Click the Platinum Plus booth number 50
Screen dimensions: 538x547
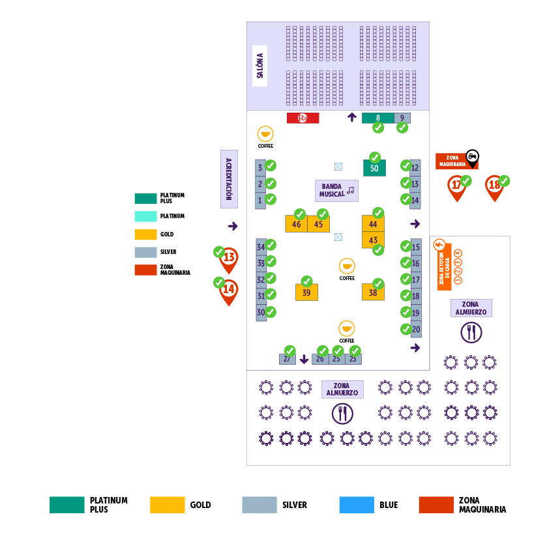(374, 168)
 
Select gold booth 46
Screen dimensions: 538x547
(297, 224)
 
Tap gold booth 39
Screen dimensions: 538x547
(306, 292)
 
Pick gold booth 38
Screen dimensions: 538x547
(373, 292)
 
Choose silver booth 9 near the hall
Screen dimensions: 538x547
(402, 118)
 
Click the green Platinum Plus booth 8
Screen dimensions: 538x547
(378, 118)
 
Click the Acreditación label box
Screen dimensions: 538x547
(229, 179)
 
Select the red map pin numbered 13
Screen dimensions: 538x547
(229, 258)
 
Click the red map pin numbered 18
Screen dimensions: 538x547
(494, 186)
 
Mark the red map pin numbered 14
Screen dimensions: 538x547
(229, 289)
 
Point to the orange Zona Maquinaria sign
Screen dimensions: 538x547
(456, 161)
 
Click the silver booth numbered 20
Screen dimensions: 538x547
(416, 330)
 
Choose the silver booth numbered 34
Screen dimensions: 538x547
(261, 247)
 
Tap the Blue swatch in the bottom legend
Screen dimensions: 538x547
(357, 505)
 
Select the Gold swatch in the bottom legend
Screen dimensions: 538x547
(167, 505)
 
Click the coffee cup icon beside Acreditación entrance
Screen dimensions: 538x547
(265, 134)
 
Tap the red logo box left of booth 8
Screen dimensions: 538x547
(303, 118)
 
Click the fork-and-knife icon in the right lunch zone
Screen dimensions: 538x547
(471, 333)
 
